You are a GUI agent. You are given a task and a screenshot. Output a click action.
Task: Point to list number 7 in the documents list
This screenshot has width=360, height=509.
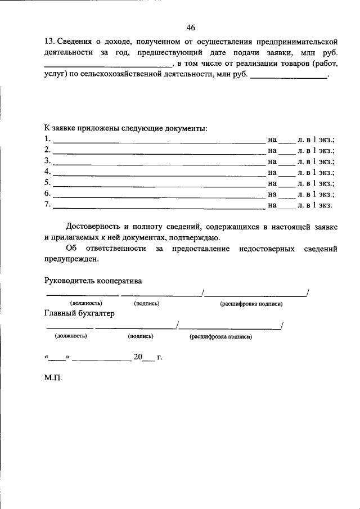pos(47,204)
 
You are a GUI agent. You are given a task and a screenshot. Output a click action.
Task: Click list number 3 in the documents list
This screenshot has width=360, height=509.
pos(47,161)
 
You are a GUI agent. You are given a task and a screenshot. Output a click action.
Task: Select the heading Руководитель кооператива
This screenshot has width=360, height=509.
pos(93,280)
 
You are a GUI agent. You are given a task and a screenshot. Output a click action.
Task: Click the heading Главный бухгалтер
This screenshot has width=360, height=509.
pos(79,313)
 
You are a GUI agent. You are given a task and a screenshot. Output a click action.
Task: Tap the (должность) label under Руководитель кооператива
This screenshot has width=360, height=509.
pos(86,304)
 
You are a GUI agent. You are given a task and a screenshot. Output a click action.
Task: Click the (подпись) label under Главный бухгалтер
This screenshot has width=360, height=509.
pos(141,336)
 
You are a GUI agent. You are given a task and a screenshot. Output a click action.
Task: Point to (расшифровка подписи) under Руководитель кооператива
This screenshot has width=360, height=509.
pos(251,304)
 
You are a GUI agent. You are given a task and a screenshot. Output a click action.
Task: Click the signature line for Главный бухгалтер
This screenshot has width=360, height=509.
pos(136,328)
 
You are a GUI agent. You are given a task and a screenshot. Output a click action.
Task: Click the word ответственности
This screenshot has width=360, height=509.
pos(114,248)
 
